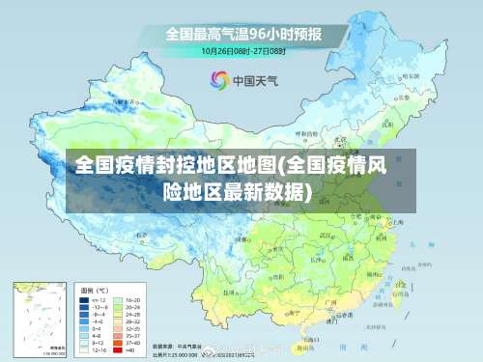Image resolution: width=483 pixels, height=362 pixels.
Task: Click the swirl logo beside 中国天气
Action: pyautogui.click(x=219, y=79)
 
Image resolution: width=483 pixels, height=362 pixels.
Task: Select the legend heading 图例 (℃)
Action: pyautogui.click(x=94, y=289)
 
